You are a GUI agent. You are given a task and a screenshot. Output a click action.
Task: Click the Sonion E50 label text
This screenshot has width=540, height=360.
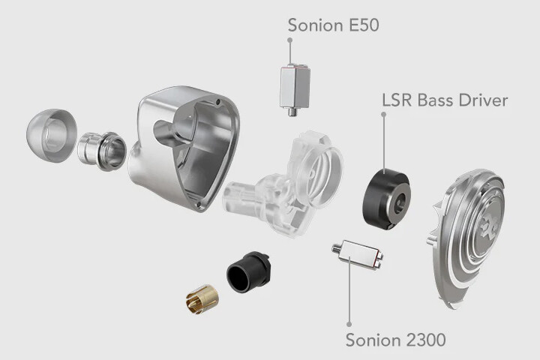pos(333,25)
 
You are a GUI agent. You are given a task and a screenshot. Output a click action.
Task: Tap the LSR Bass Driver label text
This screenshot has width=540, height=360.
pos(445,100)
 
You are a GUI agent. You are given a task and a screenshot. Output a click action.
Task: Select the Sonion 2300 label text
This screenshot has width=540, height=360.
pos(396,340)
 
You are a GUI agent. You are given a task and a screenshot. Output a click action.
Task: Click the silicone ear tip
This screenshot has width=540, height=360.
pos(52,136)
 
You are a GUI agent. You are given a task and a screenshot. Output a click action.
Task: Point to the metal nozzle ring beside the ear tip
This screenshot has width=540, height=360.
pos(102,151)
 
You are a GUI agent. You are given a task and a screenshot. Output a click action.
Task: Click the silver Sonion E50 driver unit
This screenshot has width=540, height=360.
pos(295,88)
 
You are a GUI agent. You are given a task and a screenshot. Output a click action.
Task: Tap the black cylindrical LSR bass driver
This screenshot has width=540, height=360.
pos(386,199)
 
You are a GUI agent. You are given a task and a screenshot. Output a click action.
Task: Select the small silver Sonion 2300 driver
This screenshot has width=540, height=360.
pos(358,254)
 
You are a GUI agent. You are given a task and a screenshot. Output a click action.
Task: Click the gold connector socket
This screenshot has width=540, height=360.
pos(202,301)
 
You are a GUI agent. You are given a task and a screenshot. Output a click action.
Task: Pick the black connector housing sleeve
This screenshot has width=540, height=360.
pos(249,271)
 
